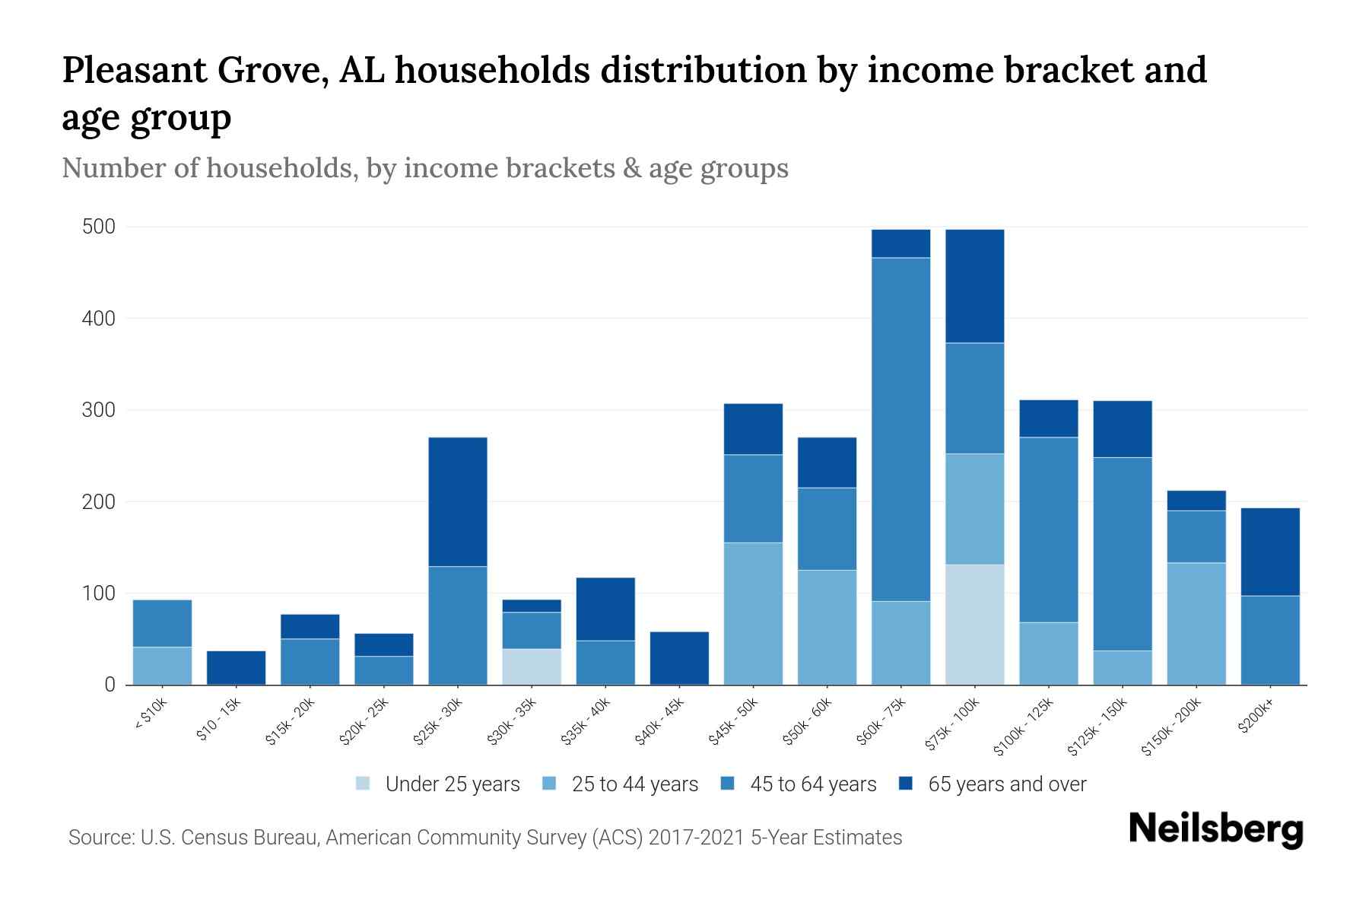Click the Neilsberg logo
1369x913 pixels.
(1215, 829)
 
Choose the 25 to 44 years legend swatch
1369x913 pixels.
(550, 784)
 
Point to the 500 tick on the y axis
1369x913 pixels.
(99, 227)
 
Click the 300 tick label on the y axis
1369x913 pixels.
(99, 410)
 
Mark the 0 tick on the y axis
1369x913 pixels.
(110, 685)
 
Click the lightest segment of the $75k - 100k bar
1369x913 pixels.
(974, 624)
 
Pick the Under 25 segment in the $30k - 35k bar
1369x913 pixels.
(532, 666)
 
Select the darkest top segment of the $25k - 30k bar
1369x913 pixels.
(458, 501)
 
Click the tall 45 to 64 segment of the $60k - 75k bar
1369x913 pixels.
(900, 429)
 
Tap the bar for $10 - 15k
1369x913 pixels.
(236, 667)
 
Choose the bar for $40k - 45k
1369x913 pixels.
(679, 658)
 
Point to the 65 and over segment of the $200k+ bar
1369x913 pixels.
(1270, 552)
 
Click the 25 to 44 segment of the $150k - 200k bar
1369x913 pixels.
(1196, 623)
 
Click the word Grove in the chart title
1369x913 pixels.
(273, 70)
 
